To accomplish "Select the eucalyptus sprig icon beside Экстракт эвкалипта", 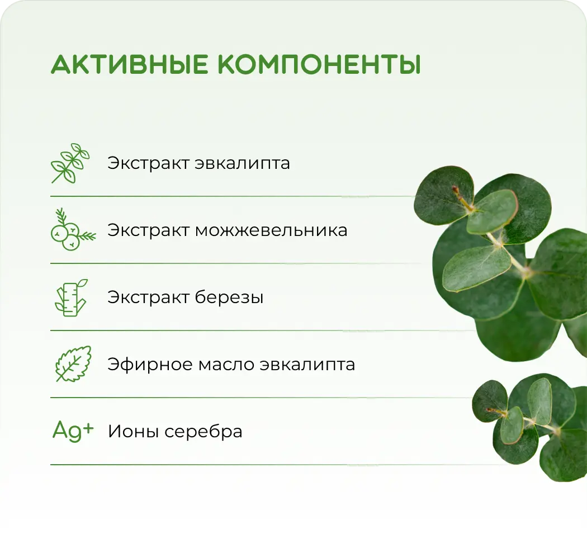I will pos(70,163).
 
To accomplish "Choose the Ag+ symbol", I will pos(73,431).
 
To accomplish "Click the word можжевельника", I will pos(271,230).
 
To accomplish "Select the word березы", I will pos(229,297).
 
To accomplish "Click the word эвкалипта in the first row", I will pos(243,164).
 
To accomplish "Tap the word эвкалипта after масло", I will pos(307,365).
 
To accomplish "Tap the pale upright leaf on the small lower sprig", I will pos(539,400).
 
